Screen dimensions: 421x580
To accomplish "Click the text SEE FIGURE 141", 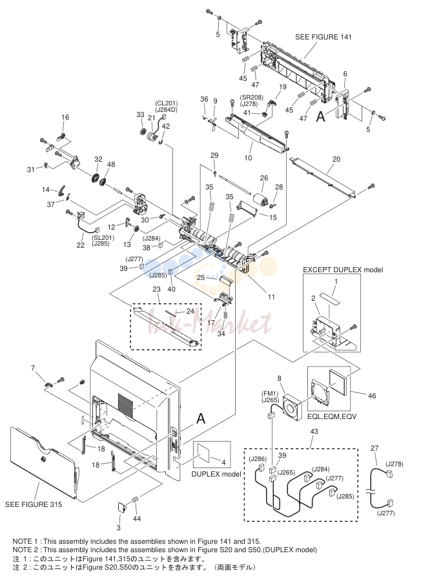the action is (323, 37).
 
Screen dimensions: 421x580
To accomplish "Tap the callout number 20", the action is (336, 159).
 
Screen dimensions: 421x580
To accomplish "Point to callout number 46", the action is (372, 396).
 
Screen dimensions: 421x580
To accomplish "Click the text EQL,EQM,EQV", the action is (332, 416).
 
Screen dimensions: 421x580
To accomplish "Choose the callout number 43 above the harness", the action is (314, 431).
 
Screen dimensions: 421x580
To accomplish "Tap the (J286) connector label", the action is (258, 458).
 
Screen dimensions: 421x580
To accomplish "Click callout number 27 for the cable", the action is (375, 448).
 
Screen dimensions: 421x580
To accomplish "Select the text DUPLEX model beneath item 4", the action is (216, 474).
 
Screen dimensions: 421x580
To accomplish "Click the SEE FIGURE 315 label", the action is (34, 504).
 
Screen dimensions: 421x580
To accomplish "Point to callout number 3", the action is (119, 528).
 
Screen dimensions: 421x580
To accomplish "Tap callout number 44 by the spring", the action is (137, 519).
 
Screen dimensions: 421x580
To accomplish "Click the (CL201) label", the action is (166, 103).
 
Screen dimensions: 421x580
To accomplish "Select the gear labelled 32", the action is (96, 179).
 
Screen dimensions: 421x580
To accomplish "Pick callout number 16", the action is (65, 117).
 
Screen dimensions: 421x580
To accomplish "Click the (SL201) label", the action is (103, 238).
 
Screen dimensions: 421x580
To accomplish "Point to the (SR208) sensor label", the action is (252, 97).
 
